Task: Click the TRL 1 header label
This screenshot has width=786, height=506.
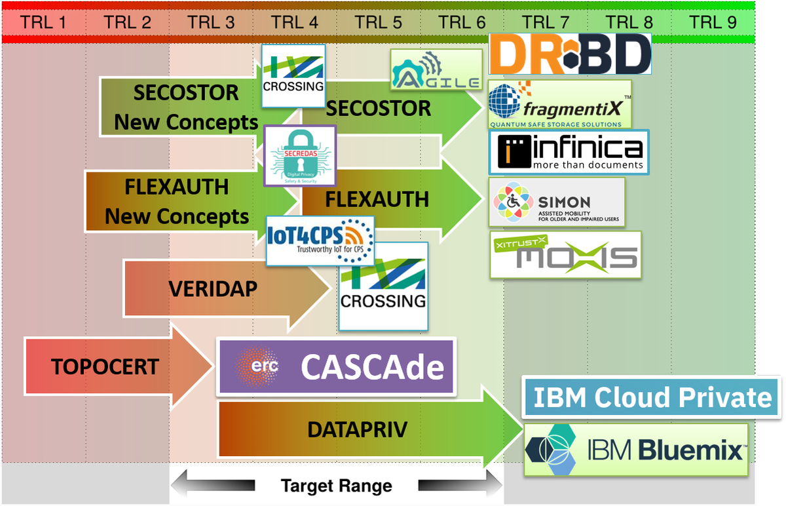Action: coord(43,22)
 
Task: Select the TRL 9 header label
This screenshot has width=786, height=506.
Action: coord(713,22)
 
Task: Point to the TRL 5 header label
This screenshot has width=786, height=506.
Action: coord(379,22)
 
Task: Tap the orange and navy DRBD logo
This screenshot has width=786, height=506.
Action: coord(570,54)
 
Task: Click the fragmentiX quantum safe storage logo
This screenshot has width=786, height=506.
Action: coord(560,104)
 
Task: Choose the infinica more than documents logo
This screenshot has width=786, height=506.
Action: coord(569,152)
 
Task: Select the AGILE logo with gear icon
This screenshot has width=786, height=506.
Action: coord(436,69)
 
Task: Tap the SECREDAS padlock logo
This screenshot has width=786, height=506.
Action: coord(299,155)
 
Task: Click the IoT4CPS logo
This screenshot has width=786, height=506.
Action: coord(320,240)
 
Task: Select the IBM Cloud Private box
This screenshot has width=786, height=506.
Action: coord(652,397)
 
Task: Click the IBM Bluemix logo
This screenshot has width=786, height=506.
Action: coord(635,450)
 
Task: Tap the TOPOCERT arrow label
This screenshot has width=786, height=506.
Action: coord(105,366)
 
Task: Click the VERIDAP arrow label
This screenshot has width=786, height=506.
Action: coord(213,288)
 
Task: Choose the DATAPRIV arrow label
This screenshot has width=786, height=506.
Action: coord(357,430)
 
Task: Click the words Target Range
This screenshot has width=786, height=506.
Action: coord(336,486)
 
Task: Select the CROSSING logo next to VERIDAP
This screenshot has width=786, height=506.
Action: coord(383,286)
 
